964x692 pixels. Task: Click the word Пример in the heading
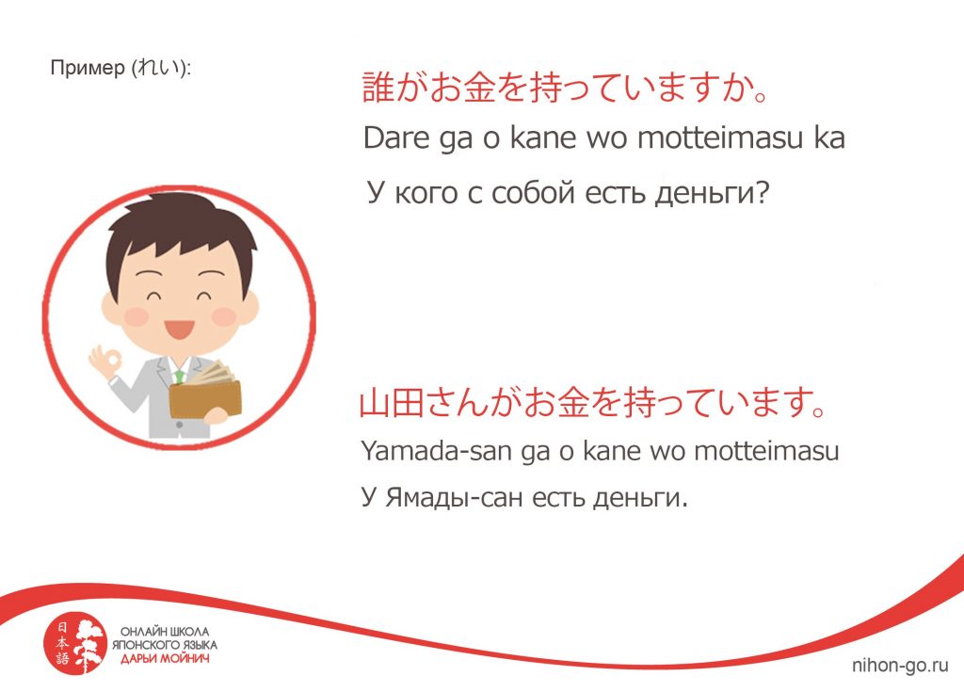pos(88,68)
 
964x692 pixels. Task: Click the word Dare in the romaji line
pos(396,137)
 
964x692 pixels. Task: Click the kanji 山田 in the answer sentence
pos(391,403)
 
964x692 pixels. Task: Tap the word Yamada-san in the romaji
pos(437,451)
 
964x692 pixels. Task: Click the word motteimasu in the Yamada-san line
pos(766,451)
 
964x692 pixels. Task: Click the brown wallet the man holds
pos(205,397)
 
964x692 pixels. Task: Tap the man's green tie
pos(179,376)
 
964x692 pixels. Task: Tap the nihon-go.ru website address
pos(900,665)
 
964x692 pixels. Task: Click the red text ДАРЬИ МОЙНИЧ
pos(164,659)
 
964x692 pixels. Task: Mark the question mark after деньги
pos(762,192)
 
